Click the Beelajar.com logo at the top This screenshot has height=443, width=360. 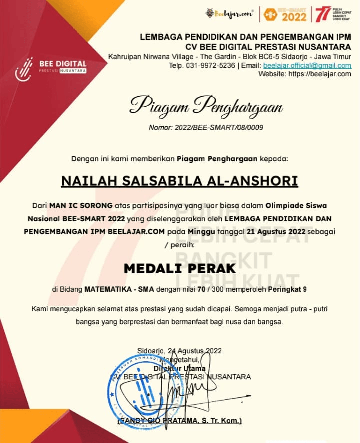[229, 14]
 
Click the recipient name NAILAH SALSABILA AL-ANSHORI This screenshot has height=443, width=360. [179, 180]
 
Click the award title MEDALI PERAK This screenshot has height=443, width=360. [179, 268]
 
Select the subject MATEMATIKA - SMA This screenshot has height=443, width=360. [119, 289]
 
